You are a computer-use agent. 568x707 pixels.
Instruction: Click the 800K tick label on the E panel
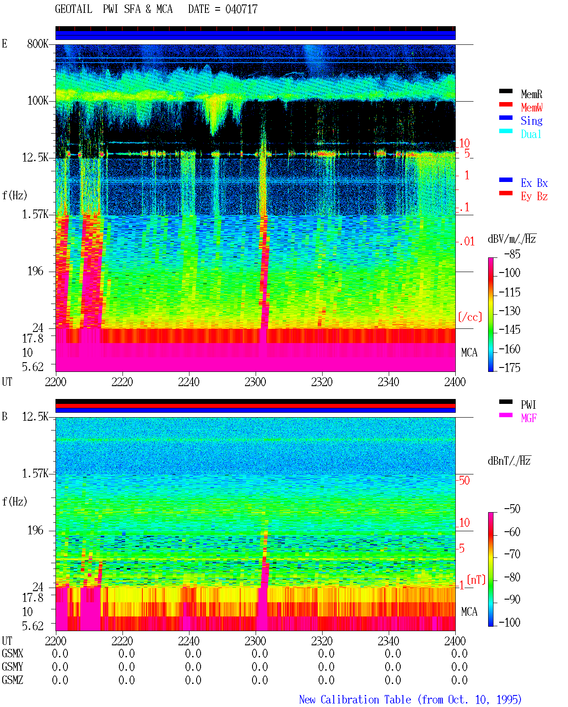coord(38,43)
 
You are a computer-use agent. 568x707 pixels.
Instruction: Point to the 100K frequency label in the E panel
coord(38,101)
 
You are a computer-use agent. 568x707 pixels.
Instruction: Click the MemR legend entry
coord(531,94)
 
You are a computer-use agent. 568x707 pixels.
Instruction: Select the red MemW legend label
coord(532,107)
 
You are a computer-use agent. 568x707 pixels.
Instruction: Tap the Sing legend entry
coord(532,121)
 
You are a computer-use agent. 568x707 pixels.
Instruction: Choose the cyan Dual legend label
coord(531,134)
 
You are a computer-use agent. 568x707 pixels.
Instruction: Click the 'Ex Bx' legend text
coord(534,183)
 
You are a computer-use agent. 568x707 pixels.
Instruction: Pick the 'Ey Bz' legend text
coord(534,197)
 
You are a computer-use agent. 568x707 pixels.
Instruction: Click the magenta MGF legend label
coord(529,418)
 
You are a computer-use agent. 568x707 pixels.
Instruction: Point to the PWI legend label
coord(528,405)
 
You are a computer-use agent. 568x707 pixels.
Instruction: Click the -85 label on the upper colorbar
coord(512,254)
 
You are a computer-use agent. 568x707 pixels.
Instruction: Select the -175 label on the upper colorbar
coord(509,367)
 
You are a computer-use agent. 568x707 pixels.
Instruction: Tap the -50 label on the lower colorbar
coord(512,509)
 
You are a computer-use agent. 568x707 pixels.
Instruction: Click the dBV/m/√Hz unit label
coord(512,239)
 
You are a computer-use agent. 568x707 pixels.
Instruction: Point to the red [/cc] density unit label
coord(470,317)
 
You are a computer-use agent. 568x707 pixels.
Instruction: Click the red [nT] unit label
coord(476,580)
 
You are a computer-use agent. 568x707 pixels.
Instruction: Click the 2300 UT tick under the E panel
coord(255,382)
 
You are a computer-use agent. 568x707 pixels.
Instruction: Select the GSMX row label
coord(12,654)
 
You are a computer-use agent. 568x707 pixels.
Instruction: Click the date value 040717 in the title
coord(241,9)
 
